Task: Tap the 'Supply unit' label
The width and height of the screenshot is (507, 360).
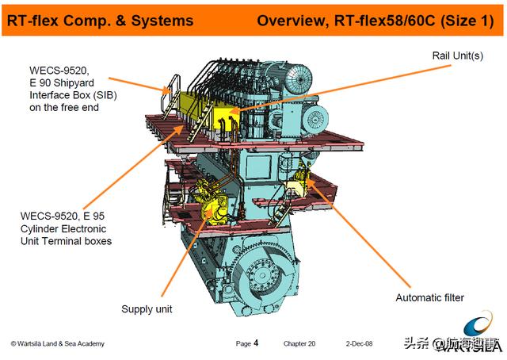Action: (146, 308)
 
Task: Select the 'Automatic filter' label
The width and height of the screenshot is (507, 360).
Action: (429, 297)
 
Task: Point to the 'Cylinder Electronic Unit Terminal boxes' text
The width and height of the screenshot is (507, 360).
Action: (66, 228)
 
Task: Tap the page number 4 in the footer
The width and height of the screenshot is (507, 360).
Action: (255, 343)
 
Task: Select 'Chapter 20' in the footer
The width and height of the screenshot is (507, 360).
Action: (299, 343)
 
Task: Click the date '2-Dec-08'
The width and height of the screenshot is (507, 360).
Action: (360, 343)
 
